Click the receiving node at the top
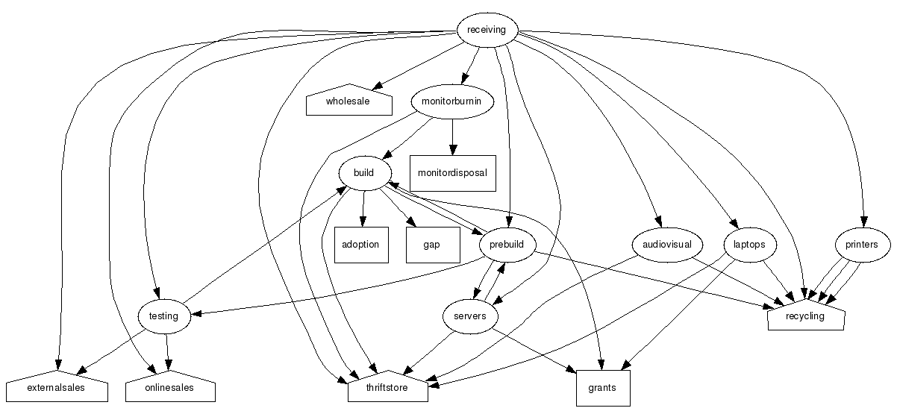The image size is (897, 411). [x=487, y=31]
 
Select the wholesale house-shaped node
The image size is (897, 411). [x=349, y=102]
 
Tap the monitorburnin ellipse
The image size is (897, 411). [x=452, y=101]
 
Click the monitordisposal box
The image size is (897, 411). [x=452, y=173]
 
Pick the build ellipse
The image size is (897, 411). [x=364, y=173]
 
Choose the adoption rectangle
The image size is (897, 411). [x=361, y=245]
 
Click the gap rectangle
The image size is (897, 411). [x=432, y=245]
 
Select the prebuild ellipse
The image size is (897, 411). [x=507, y=245]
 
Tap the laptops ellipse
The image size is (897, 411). [x=750, y=245]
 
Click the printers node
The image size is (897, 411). [x=862, y=245]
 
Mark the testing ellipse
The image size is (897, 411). [x=164, y=316]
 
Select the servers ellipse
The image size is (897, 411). [x=470, y=316]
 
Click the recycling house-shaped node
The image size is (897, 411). [x=806, y=317]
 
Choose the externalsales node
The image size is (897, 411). [x=57, y=389]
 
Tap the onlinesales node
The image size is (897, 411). [x=170, y=389]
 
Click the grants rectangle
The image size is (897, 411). [x=603, y=389]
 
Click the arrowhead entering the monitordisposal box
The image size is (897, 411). [x=452, y=150]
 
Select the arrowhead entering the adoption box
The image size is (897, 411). [x=362, y=222]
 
